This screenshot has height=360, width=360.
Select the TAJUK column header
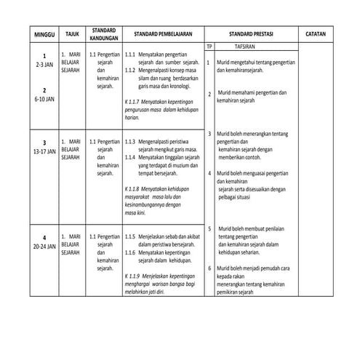point(71,34)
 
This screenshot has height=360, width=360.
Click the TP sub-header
point(209,47)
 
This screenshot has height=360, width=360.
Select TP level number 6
point(209,268)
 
